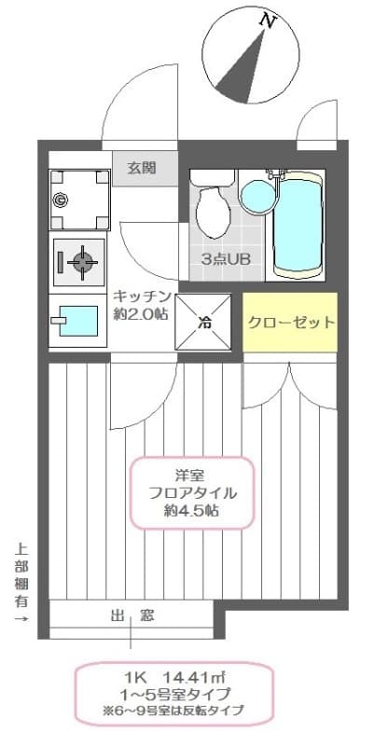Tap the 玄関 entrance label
click(141, 169)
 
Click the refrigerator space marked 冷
click(204, 323)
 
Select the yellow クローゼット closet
click(290, 323)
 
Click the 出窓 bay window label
click(132, 615)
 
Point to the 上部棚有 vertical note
click(21, 584)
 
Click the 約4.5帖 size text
click(193, 511)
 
